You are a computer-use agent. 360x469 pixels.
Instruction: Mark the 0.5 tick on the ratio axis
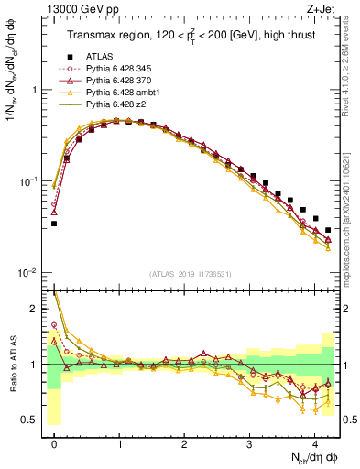(34, 420)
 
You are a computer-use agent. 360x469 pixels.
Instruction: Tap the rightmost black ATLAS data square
(328, 230)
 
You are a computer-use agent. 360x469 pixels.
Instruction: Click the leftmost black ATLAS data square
(55, 224)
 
